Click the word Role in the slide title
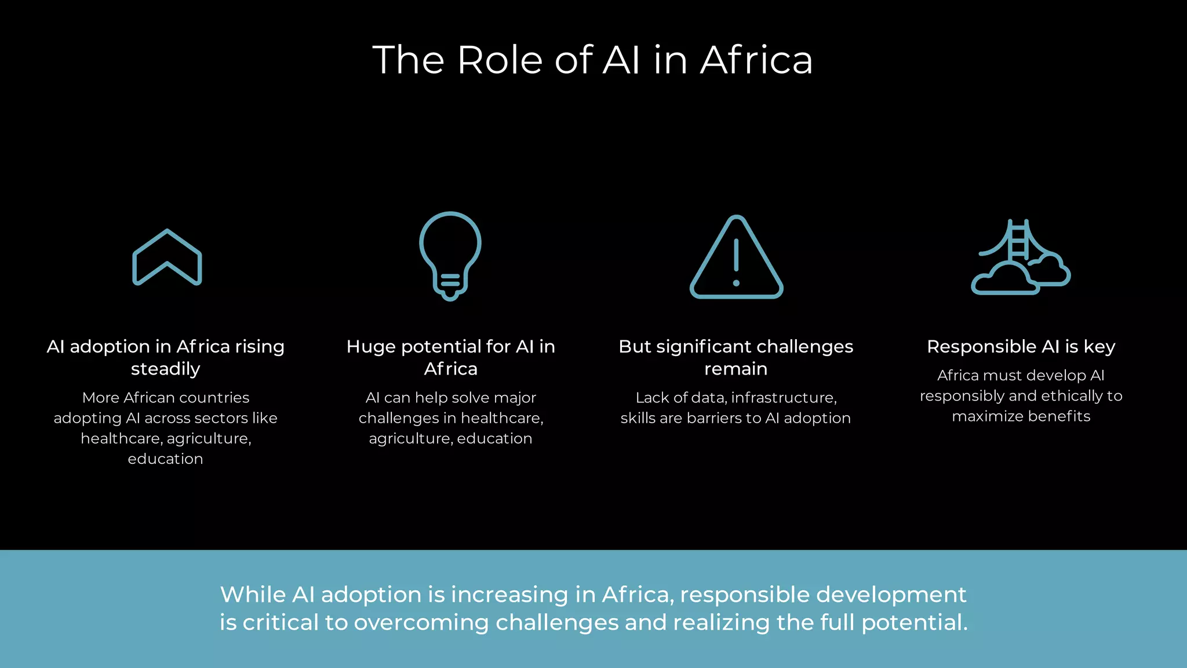click(500, 60)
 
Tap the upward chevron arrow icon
click(167, 257)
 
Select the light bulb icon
click(450, 256)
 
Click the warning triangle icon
click(736, 257)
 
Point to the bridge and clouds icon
click(1021, 257)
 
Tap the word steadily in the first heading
click(166, 369)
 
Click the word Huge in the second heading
click(371, 347)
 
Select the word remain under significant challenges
click(735, 369)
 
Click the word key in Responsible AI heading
click(1099, 347)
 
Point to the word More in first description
click(100, 398)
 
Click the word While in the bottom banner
click(253, 595)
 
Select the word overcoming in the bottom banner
click(421, 623)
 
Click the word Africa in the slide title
click(756, 60)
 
